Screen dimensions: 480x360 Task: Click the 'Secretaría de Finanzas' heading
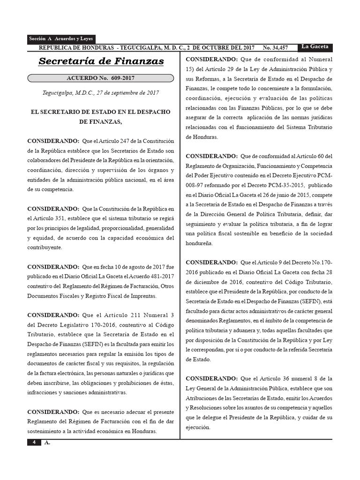tap(101, 61)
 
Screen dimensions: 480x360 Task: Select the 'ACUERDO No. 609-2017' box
tap(101, 78)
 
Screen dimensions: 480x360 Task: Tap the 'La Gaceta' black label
tap(316, 46)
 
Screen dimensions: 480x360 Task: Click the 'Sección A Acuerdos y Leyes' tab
tap(61, 39)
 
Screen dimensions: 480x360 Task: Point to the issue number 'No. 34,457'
tap(275, 48)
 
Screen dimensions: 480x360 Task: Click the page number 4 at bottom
tap(34, 443)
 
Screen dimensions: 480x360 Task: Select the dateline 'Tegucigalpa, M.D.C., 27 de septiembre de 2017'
tap(101, 93)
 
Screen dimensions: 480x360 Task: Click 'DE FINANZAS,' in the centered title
tap(101, 122)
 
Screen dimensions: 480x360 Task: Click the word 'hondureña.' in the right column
tap(199, 243)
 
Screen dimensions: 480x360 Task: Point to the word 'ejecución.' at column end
tap(198, 427)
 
